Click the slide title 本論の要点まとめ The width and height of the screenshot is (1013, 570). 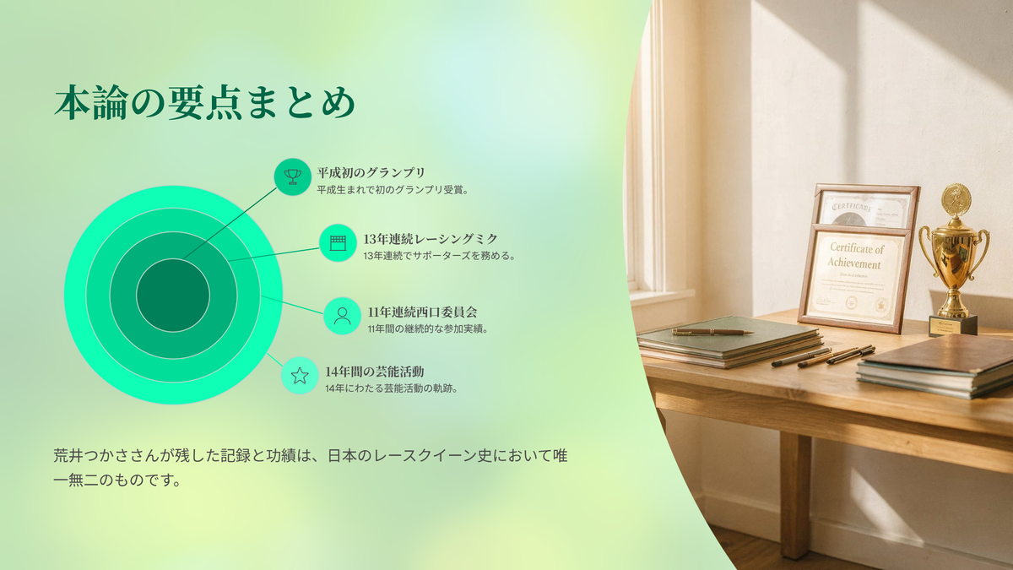(204, 103)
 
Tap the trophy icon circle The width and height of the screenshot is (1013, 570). (293, 176)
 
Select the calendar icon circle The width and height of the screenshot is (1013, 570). (338, 243)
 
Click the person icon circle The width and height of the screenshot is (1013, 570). (343, 316)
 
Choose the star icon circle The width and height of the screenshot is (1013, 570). (300, 376)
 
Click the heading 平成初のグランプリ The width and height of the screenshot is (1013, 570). (371, 173)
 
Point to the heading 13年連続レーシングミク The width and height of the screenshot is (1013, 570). (431, 239)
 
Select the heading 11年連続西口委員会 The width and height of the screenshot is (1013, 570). (422, 312)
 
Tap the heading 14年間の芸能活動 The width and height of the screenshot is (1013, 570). (375, 372)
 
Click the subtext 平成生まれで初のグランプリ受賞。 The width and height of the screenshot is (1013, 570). (393, 190)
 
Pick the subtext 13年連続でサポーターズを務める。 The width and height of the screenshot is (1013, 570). (440, 256)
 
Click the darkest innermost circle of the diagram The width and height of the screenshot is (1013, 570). (173, 296)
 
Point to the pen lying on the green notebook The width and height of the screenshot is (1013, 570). (712, 332)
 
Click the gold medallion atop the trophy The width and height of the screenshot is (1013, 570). (956, 199)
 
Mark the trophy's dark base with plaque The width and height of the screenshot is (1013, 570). (953, 325)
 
